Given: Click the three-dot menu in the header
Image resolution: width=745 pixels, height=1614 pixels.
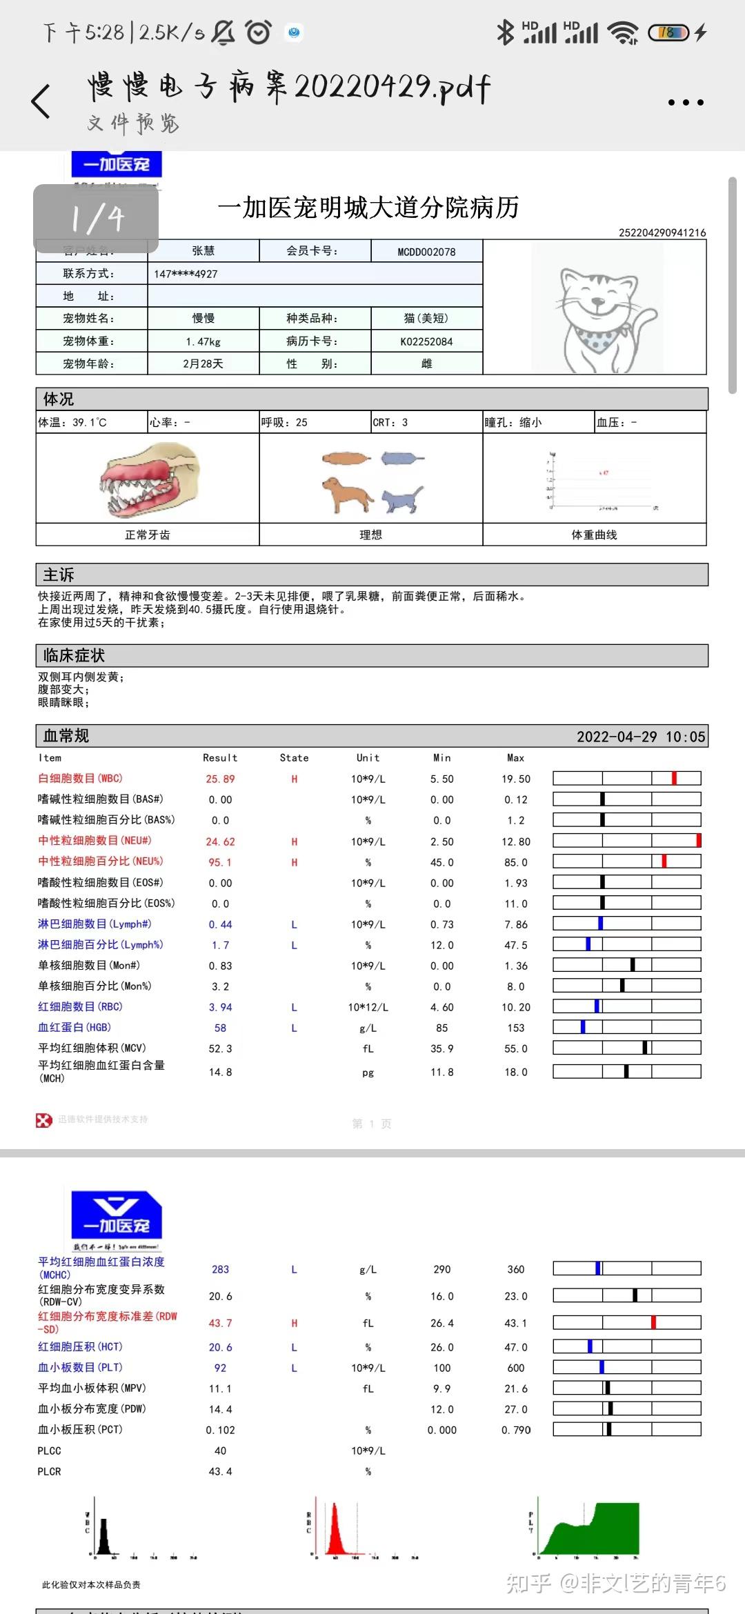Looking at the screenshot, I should tap(686, 103).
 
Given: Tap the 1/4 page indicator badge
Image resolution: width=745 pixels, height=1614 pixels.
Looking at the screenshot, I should tap(97, 219).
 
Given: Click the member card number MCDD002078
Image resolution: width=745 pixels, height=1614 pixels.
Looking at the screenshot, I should tap(426, 252).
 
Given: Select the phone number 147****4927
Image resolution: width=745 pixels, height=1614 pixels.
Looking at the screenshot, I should tap(186, 274).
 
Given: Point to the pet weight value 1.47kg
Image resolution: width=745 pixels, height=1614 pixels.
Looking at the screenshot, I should tap(203, 341).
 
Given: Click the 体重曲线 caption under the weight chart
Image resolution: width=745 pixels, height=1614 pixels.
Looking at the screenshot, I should tap(594, 535).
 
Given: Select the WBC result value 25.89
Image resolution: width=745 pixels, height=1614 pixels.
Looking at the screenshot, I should tap(220, 779).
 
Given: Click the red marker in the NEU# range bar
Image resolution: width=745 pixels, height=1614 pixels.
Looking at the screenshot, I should tap(698, 840).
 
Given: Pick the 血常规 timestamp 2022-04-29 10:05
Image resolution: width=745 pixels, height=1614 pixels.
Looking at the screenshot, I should tap(641, 736).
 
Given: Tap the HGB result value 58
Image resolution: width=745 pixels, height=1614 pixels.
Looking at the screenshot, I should tap(220, 1028).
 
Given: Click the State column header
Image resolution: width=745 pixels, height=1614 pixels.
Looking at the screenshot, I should tap(294, 757).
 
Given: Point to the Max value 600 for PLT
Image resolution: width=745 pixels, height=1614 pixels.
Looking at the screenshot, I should tap(516, 1368).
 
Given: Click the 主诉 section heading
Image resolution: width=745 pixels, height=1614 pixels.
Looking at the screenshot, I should tap(59, 575).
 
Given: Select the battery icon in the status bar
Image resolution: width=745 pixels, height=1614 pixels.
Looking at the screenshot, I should tap(668, 32).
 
